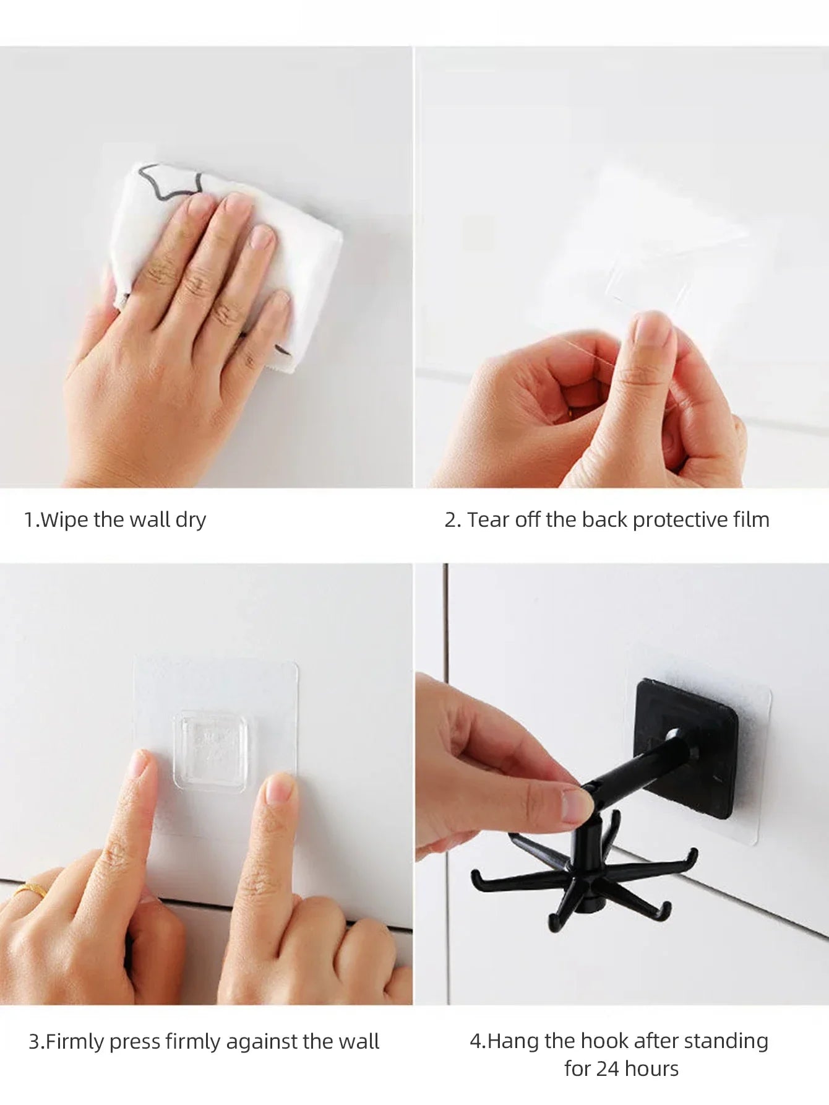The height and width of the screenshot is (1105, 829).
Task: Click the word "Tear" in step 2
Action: [488, 520]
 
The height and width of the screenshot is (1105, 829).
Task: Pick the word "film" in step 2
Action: [751, 519]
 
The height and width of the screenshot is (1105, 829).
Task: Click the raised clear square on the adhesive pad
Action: [213, 751]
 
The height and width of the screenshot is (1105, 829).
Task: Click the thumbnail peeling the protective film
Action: [652, 327]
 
